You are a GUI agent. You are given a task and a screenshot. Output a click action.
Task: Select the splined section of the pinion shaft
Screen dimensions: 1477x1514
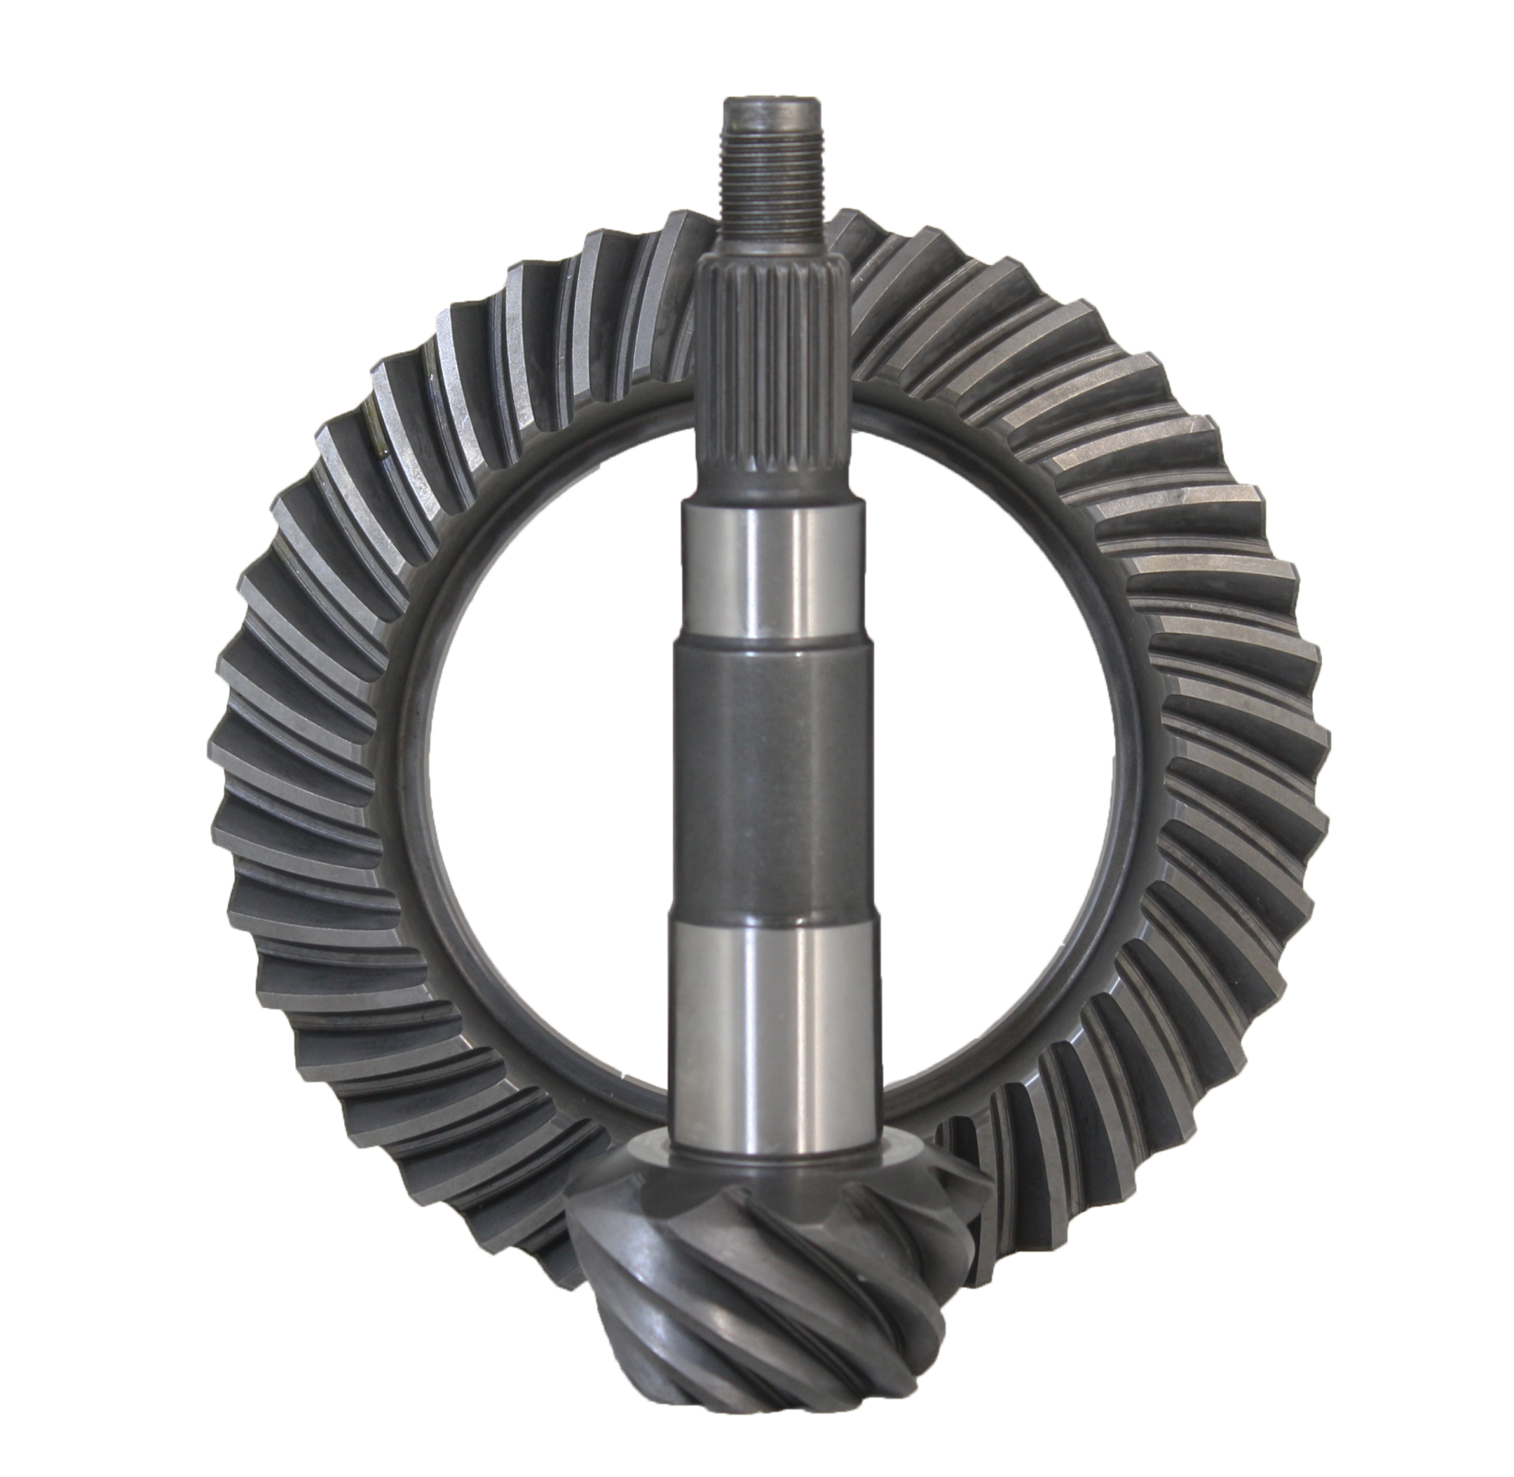[765, 369]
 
